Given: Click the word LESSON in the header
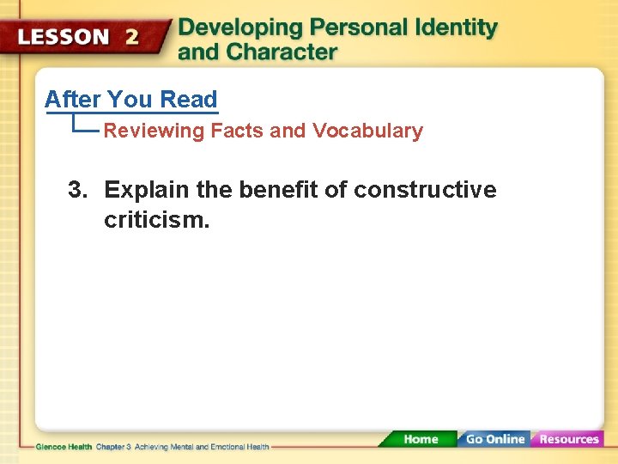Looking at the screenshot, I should (64, 37).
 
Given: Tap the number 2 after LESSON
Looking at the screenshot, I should (131, 37).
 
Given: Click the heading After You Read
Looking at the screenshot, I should (131, 100).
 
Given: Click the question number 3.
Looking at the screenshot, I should (77, 190).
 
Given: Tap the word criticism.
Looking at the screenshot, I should (155, 221).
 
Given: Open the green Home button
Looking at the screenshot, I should (421, 439).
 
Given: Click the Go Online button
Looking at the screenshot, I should (494, 439).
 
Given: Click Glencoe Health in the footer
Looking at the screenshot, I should (64, 447).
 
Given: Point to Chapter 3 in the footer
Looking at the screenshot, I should (113, 447).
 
